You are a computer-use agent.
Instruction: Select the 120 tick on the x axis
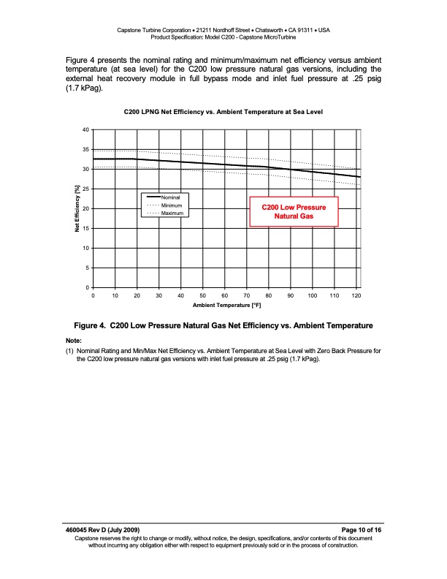356,295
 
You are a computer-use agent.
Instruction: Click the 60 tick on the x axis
225,295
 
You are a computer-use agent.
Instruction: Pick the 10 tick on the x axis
115,295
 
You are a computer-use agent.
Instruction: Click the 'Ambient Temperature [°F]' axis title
226,305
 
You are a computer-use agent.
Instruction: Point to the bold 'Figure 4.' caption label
90,325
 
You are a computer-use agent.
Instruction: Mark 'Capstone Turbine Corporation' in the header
156,30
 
